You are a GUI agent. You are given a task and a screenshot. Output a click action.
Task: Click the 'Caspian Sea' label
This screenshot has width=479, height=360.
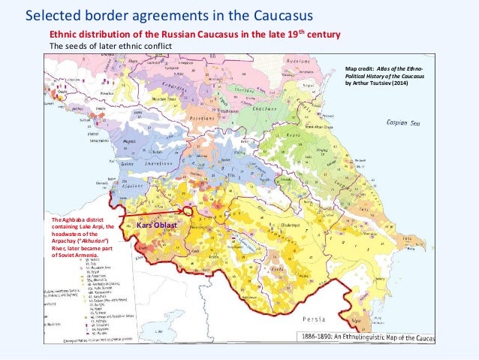pos(402,121)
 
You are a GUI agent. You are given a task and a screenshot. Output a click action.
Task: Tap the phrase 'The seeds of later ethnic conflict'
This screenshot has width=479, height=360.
pos(110,46)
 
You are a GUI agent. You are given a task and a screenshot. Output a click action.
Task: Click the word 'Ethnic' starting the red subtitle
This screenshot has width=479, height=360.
pos(63,35)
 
